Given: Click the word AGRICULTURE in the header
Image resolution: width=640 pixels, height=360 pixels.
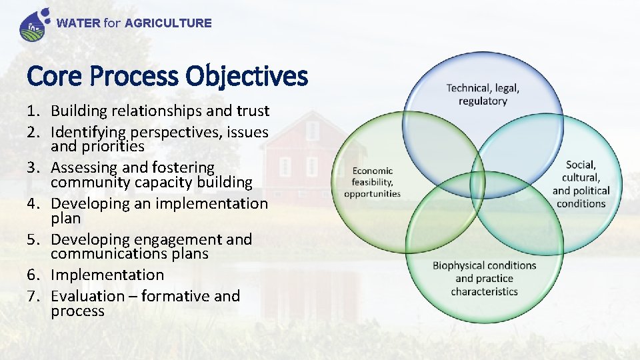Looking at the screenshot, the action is pyautogui.click(x=168, y=23).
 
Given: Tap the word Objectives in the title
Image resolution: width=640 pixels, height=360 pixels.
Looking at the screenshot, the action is pyautogui.click(x=247, y=77).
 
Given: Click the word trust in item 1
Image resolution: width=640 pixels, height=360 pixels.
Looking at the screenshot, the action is pyautogui.click(x=249, y=111).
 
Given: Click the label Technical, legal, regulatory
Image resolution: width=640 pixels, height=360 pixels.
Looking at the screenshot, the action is pyautogui.click(x=483, y=95).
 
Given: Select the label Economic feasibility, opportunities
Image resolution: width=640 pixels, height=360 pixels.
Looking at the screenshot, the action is pyautogui.click(x=372, y=182).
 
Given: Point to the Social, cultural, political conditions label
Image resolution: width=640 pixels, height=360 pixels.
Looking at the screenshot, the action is pyautogui.click(x=581, y=184).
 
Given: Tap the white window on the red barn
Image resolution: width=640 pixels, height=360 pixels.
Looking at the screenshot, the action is pyautogui.click(x=285, y=166).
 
